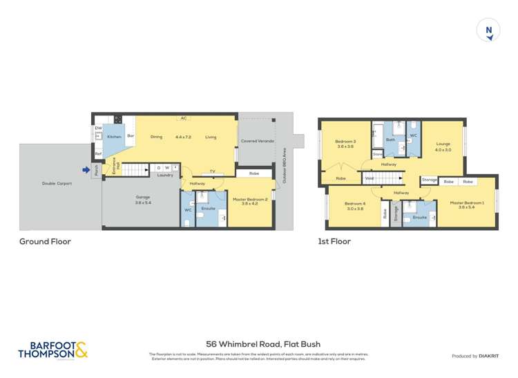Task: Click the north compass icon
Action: (489, 31)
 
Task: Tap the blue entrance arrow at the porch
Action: (86, 170)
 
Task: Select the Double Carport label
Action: (58, 184)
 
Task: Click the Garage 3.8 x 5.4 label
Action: (142, 200)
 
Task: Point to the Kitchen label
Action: (114, 137)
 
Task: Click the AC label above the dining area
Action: (184, 118)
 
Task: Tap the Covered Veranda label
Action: (257, 141)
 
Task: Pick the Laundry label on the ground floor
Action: (164, 175)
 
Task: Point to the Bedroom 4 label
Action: (354, 205)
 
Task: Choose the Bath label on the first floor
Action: (390, 140)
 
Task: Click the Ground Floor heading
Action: (45, 241)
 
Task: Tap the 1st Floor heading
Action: (334, 241)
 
